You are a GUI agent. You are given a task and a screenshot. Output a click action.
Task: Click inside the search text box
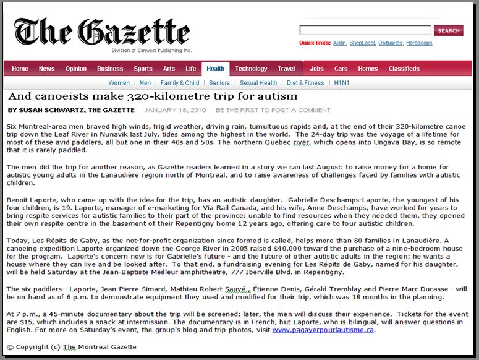(x=365, y=30)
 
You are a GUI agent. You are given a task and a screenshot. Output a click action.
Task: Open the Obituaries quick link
(x=390, y=43)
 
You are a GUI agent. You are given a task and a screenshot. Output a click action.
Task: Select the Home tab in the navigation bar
(x=20, y=69)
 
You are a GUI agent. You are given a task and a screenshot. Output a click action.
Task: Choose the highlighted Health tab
(x=216, y=69)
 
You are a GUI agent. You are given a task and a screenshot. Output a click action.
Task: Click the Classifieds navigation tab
(x=404, y=69)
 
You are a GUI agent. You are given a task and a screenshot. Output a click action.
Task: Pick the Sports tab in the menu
(x=143, y=69)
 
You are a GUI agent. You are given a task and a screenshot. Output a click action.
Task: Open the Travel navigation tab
(x=286, y=69)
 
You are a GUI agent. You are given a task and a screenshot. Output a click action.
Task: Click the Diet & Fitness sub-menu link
(x=305, y=83)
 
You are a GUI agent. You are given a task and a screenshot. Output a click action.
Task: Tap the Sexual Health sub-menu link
(x=258, y=83)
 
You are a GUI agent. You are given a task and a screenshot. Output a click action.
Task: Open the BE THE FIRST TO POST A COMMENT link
(x=273, y=111)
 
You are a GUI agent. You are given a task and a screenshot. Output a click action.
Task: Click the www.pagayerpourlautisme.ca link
(x=323, y=330)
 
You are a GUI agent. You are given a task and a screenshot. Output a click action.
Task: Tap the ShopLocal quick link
(x=362, y=43)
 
